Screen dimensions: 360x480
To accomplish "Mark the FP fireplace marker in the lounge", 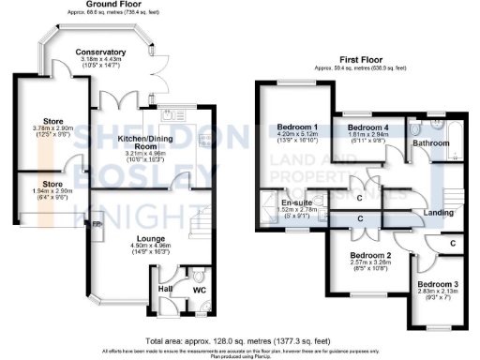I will (96, 225).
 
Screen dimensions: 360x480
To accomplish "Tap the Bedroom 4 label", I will (367, 127).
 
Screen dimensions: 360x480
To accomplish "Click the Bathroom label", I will (431, 143).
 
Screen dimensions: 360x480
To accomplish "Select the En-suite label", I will (284, 201).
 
